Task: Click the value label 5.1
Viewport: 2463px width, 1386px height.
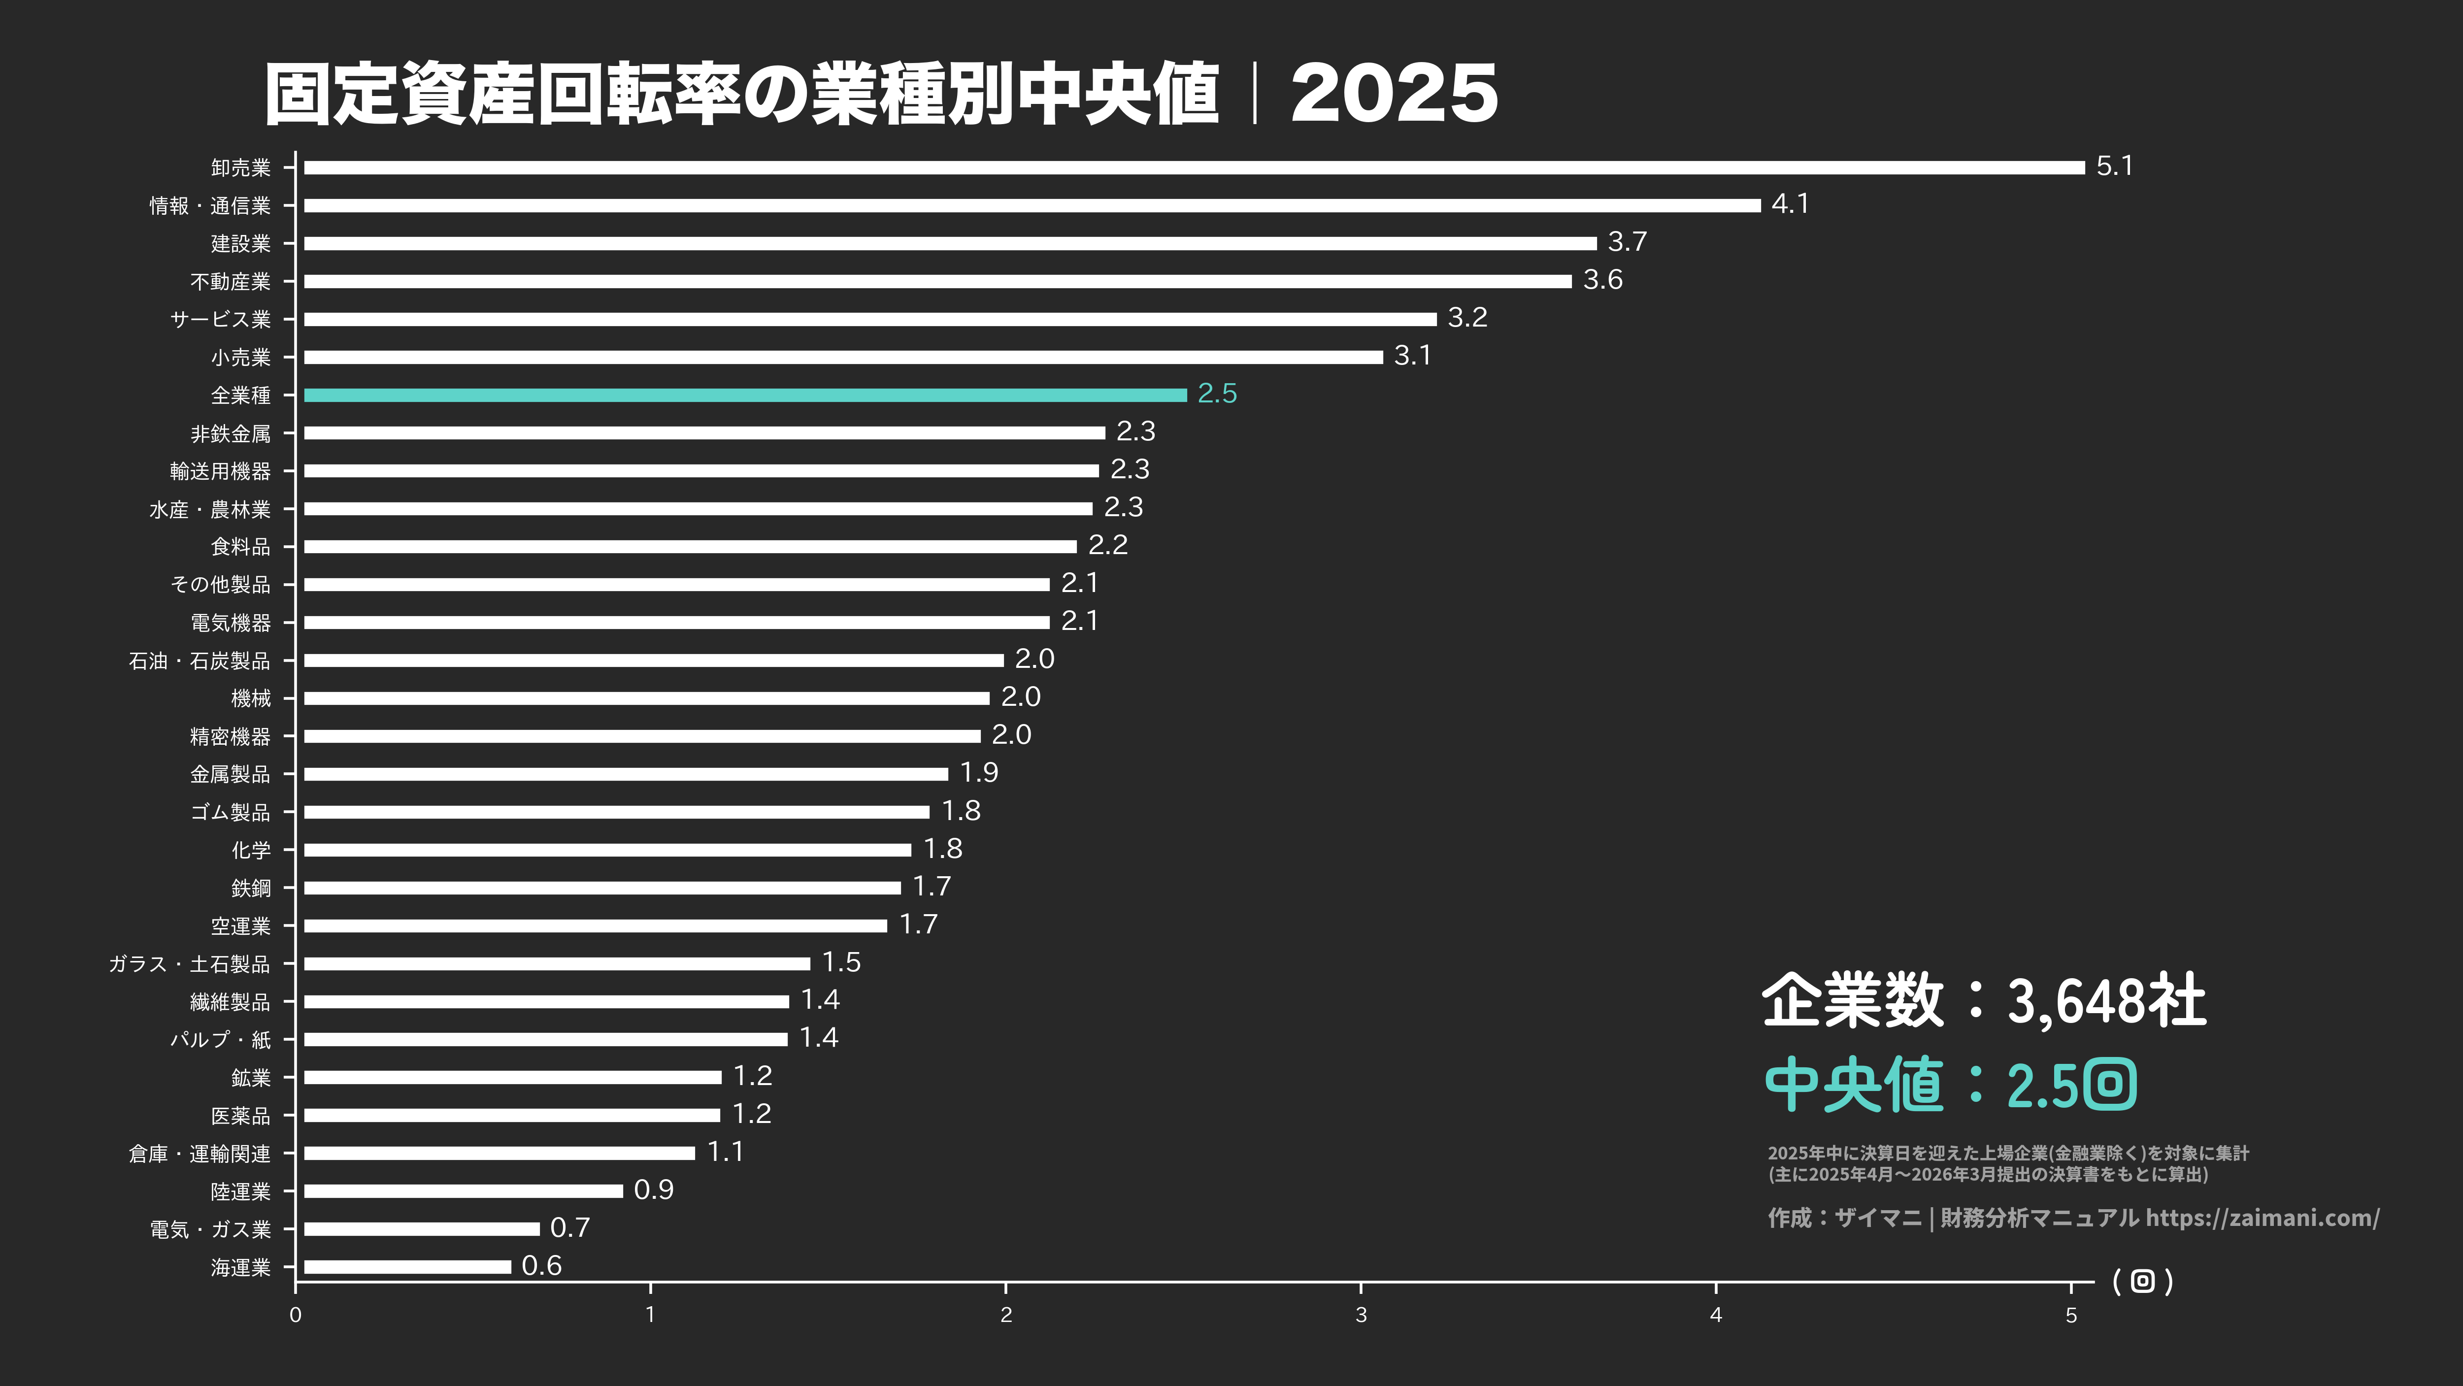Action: (x=2114, y=166)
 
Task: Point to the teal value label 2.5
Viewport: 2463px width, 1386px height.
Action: (x=1217, y=394)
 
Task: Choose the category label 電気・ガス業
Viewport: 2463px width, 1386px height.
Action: (x=210, y=1229)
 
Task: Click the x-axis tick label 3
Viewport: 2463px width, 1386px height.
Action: (x=1361, y=1315)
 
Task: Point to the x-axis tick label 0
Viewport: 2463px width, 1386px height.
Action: (x=296, y=1315)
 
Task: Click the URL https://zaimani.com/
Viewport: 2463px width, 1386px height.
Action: (x=2262, y=1218)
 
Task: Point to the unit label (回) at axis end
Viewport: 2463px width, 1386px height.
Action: (x=2143, y=1281)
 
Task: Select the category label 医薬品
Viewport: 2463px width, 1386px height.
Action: (x=241, y=1116)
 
